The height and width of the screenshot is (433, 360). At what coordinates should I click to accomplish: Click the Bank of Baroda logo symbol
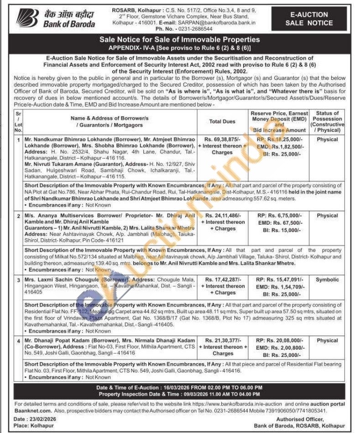[27, 17]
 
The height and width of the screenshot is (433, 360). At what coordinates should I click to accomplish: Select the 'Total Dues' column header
[222, 122]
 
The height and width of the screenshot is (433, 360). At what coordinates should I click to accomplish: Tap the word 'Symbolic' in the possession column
[327, 279]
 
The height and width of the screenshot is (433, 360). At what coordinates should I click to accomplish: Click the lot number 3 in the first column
[19, 280]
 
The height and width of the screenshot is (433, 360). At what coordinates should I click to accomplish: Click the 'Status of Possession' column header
[327, 121]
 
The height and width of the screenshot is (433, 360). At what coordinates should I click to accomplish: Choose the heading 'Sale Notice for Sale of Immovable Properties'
[179, 40]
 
